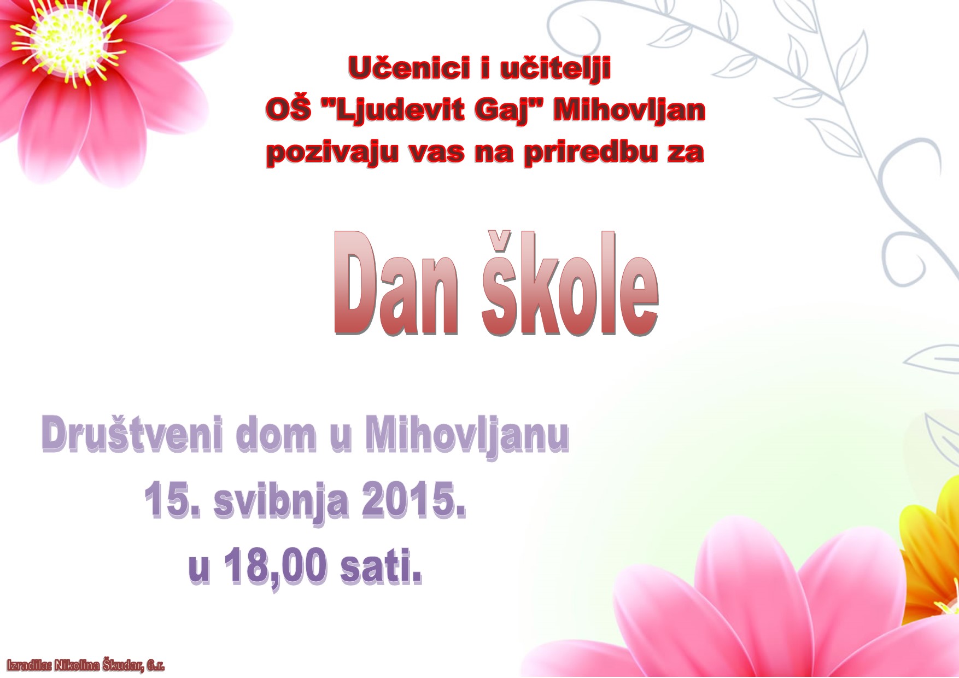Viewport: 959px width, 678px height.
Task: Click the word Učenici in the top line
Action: (x=410, y=68)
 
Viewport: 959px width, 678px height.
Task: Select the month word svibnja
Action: (x=281, y=502)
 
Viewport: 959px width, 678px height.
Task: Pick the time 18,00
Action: (x=276, y=568)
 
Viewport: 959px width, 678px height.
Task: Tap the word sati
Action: (x=381, y=566)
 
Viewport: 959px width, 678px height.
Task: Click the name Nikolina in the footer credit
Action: (x=77, y=665)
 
